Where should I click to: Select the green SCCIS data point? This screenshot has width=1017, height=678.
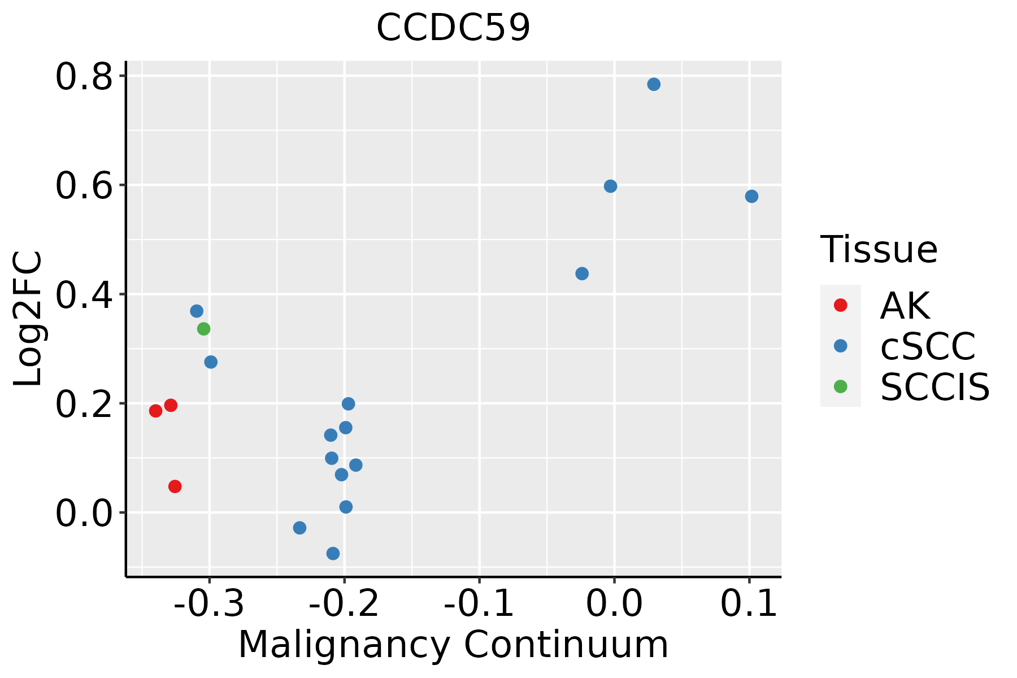point(204,329)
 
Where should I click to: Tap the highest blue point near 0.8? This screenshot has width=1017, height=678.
point(654,85)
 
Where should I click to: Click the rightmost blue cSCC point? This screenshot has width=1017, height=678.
point(751,197)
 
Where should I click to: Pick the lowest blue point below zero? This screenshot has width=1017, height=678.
point(333,554)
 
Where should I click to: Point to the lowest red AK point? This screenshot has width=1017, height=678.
point(175,486)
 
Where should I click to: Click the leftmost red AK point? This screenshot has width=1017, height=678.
point(156,411)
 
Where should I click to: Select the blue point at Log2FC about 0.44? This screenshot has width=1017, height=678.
point(582,274)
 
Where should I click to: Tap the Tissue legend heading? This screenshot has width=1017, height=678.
point(879,249)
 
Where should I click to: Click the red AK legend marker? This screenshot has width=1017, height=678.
point(841,305)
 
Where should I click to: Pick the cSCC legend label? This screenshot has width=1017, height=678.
point(928,346)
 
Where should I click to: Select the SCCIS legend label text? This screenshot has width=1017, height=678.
point(935,388)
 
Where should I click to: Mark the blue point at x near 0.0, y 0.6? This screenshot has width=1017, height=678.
point(610,186)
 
